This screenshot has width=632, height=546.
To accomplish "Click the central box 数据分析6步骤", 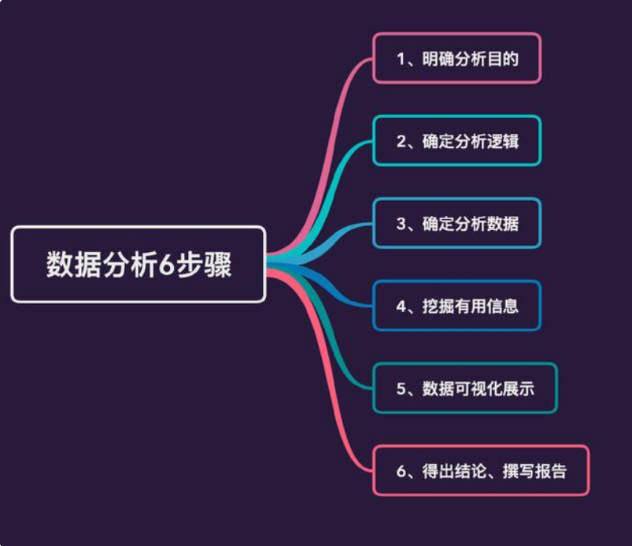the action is coord(139,264).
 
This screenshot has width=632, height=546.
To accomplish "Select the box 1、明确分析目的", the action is coord(456,58).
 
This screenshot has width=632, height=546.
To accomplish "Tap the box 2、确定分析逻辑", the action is coord(456,141).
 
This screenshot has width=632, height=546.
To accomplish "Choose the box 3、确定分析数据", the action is coord(456,223).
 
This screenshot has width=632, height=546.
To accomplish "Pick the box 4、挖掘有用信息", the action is coord(456,306).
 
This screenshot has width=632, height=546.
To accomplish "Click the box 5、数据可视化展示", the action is coord(465,388).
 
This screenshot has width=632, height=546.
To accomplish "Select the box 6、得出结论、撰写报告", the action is coord(481,470).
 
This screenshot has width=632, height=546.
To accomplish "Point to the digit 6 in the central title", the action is coord(165,266).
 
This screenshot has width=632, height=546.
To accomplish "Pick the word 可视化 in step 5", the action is coord(479,388).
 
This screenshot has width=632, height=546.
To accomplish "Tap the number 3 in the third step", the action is coord(401,224).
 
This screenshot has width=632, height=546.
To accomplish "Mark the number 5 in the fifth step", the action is coord(401,388).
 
